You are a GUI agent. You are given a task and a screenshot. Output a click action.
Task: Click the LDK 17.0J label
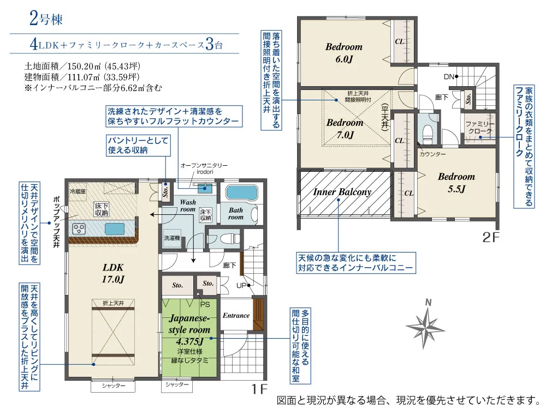pos(114,273)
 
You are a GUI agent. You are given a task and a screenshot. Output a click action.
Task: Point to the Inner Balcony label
pos(342,192)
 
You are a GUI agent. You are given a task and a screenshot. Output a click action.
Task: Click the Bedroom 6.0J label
pos(343,53)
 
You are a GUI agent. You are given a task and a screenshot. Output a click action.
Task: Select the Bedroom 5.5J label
pos(456,183)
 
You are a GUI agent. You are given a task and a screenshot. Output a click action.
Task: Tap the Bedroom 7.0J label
pos(345,129)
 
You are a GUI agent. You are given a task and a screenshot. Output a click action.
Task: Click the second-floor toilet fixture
pos(428,131)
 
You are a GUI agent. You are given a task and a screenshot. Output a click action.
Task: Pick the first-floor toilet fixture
pos(228,238)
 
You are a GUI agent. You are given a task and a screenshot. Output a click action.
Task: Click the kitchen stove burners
pos(78,228)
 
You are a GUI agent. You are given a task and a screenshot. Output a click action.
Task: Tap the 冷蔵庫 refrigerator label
pos(78,192)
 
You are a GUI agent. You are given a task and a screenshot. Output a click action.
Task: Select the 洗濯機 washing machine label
pos(173,239)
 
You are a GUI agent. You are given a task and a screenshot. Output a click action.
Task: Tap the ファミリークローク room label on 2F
pos(479,128)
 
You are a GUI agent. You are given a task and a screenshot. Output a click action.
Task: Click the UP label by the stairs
pos(240,285)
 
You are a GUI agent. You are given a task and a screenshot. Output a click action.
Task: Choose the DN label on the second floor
pos(449,76)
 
